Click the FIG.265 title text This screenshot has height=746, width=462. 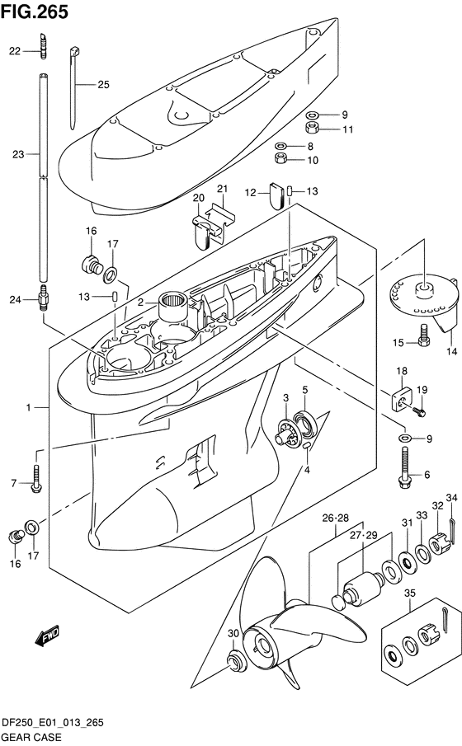tap(35, 12)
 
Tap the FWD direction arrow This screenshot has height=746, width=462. tap(47, 636)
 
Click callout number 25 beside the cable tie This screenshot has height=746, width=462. tap(103, 85)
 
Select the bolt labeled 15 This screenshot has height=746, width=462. tap(423, 335)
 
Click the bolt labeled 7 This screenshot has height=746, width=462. tap(36, 479)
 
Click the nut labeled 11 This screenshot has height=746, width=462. tap(313, 128)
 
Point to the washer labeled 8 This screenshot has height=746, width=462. tap(280, 146)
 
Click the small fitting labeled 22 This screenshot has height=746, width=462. tap(44, 45)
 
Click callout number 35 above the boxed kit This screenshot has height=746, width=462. tap(409, 593)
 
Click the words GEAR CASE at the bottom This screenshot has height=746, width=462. tap(32, 737)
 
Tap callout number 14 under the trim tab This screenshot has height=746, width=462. tap(451, 351)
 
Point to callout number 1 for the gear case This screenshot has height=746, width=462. tap(29, 407)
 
